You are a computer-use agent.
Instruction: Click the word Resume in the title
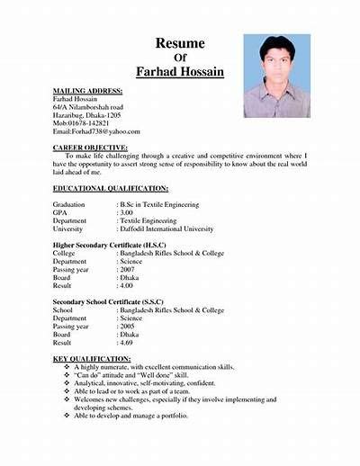[180, 42]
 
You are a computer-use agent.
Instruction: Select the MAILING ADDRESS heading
[87, 92]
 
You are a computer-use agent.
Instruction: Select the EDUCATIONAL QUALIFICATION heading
[110, 188]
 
